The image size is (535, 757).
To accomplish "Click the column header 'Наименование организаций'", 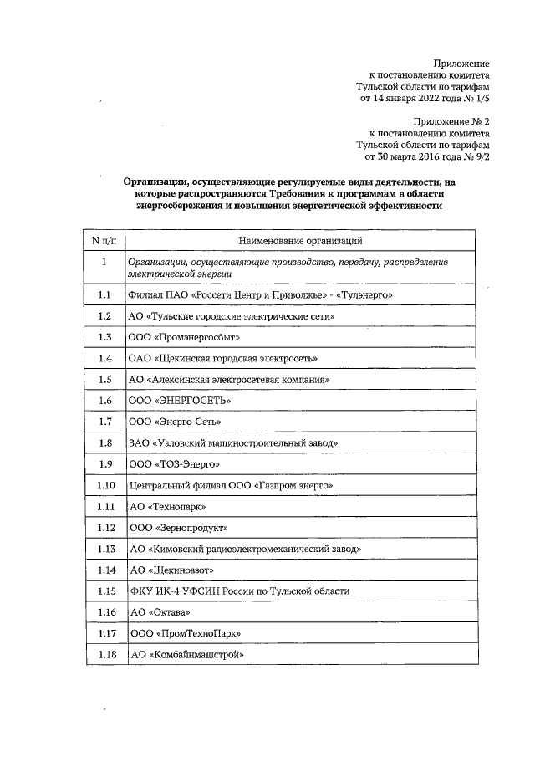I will [x=299, y=241].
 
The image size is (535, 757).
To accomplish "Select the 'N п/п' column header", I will [x=104, y=241].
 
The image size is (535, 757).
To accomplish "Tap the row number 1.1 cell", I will [x=104, y=295].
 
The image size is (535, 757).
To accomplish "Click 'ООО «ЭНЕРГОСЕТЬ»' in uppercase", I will [x=180, y=401].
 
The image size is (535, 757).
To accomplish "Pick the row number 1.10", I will [x=104, y=485].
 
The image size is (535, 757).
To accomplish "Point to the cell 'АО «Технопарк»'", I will [x=167, y=507].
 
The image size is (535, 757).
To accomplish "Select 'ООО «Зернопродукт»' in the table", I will [x=178, y=528].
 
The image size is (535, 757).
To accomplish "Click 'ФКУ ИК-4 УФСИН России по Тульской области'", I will [x=239, y=591].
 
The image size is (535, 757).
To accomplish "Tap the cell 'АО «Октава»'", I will [x=160, y=612].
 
